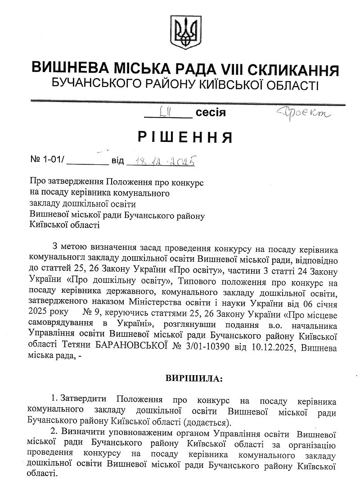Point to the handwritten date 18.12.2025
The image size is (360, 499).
pos(161,160)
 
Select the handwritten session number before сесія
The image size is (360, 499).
pos(164,111)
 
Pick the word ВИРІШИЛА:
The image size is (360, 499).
pos(191,379)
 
